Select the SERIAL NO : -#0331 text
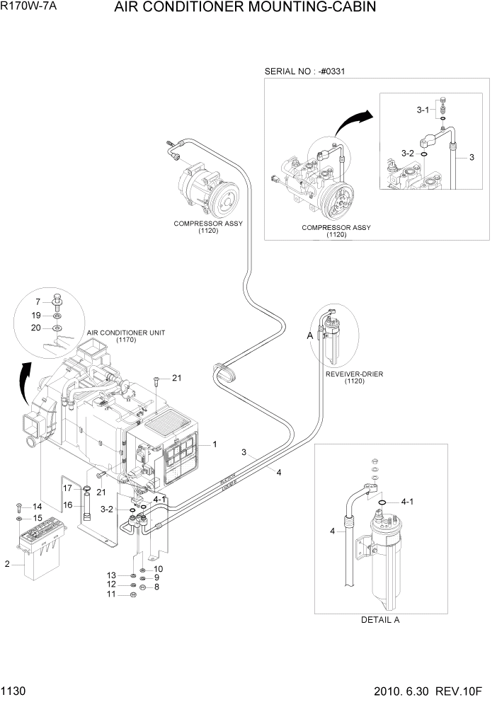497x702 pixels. pos(304,71)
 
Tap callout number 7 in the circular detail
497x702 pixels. pos(40,302)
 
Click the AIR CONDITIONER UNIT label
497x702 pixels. pos(126,332)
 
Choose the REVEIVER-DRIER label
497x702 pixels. pos(354,374)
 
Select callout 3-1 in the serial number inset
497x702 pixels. pos(423,110)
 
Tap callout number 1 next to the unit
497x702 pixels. pos(214,444)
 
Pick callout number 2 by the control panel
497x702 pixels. pos(7,564)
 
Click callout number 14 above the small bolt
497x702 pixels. pos(37,507)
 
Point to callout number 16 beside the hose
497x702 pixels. pos(68,505)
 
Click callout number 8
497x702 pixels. pos(156,587)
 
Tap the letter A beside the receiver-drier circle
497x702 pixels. pos(309,336)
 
